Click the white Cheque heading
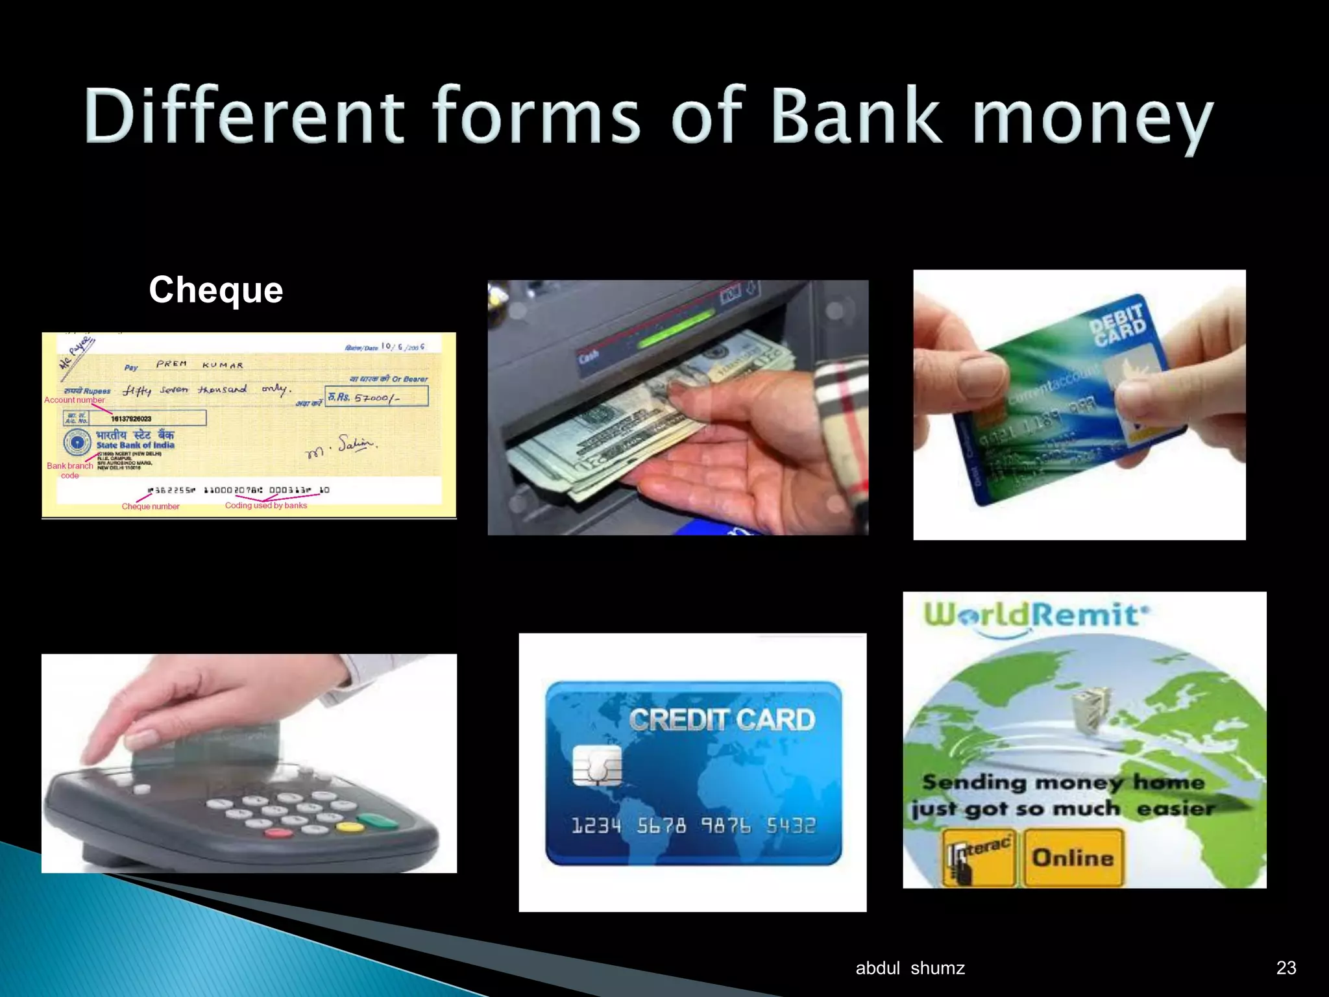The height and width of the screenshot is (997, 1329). [216, 289]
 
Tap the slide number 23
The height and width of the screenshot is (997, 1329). [1286, 968]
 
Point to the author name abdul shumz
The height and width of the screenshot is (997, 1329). [910, 968]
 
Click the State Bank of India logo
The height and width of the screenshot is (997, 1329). [77, 443]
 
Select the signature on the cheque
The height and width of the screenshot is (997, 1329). [340, 447]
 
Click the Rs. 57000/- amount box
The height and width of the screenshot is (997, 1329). [376, 396]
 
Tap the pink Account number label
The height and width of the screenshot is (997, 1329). [74, 400]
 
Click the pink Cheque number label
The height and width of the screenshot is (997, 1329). [151, 506]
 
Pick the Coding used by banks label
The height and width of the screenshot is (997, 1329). [266, 506]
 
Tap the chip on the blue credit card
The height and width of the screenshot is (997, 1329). [597, 766]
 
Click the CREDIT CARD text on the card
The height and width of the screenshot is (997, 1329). [722, 720]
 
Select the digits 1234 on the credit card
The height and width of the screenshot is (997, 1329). [596, 826]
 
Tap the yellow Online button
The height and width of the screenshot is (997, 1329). [1073, 857]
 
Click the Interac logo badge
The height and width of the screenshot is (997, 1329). [979, 857]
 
